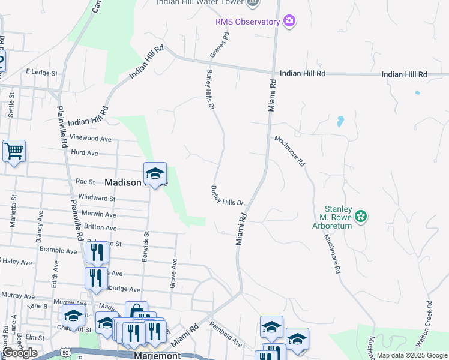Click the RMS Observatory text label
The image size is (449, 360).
(x=247, y=22)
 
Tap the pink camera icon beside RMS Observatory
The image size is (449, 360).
(x=289, y=21)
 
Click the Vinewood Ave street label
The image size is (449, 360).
(x=91, y=138)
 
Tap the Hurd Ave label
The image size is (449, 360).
(x=84, y=153)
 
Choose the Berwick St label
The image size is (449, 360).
(x=146, y=227)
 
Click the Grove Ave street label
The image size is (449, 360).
(x=173, y=272)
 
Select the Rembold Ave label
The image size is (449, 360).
(x=226, y=334)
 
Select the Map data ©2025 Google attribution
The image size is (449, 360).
(x=411, y=355)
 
